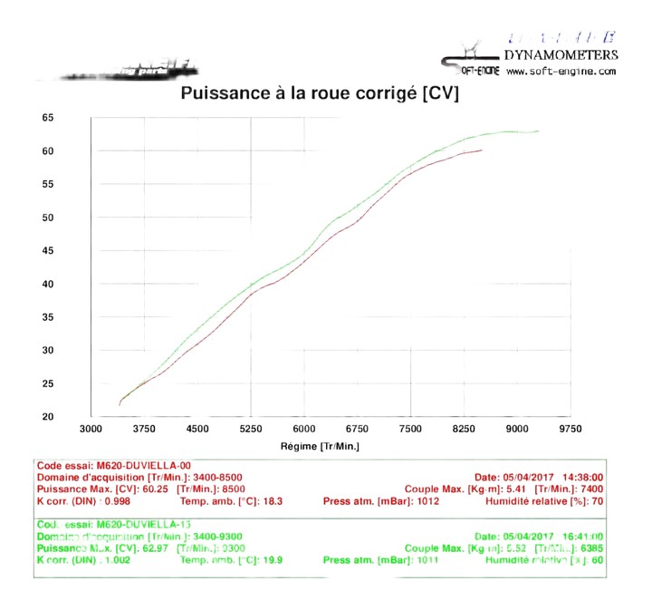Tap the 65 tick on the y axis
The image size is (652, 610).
coord(48,118)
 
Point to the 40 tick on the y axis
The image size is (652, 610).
coord(48,285)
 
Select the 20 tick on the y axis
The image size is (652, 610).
coord(48,417)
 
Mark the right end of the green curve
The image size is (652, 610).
coord(539,131)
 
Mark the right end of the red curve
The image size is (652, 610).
coord(482,150)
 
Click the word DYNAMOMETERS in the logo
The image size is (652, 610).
coord(561,54)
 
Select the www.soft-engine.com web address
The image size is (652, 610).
coord(561,71)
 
